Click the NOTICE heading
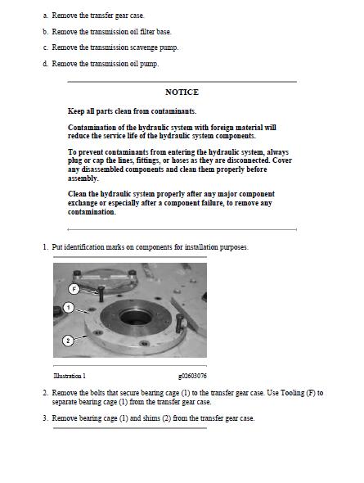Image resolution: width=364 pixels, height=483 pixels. (x=182, y=93)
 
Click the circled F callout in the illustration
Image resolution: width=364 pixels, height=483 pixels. (x=74, y=288)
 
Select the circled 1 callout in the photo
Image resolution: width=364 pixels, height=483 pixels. (x=70, y=309)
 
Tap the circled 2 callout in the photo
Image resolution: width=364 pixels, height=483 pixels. (x=68, y=339)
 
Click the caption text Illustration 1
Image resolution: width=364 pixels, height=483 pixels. (x=69, y=376)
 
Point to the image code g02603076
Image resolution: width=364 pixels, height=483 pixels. (x=192, y=376)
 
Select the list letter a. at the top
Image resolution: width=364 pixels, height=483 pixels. (x=46, y=16)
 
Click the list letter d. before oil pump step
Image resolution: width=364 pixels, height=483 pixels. (x=46, y=63)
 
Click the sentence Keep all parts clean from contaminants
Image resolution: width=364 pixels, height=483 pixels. (x=132, y=111)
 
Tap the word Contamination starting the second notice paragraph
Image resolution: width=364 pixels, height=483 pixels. (x=92, y=128)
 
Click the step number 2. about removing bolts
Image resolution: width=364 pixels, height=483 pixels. (x=45, y=393)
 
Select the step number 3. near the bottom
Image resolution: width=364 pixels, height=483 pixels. (x=45, y=418)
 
